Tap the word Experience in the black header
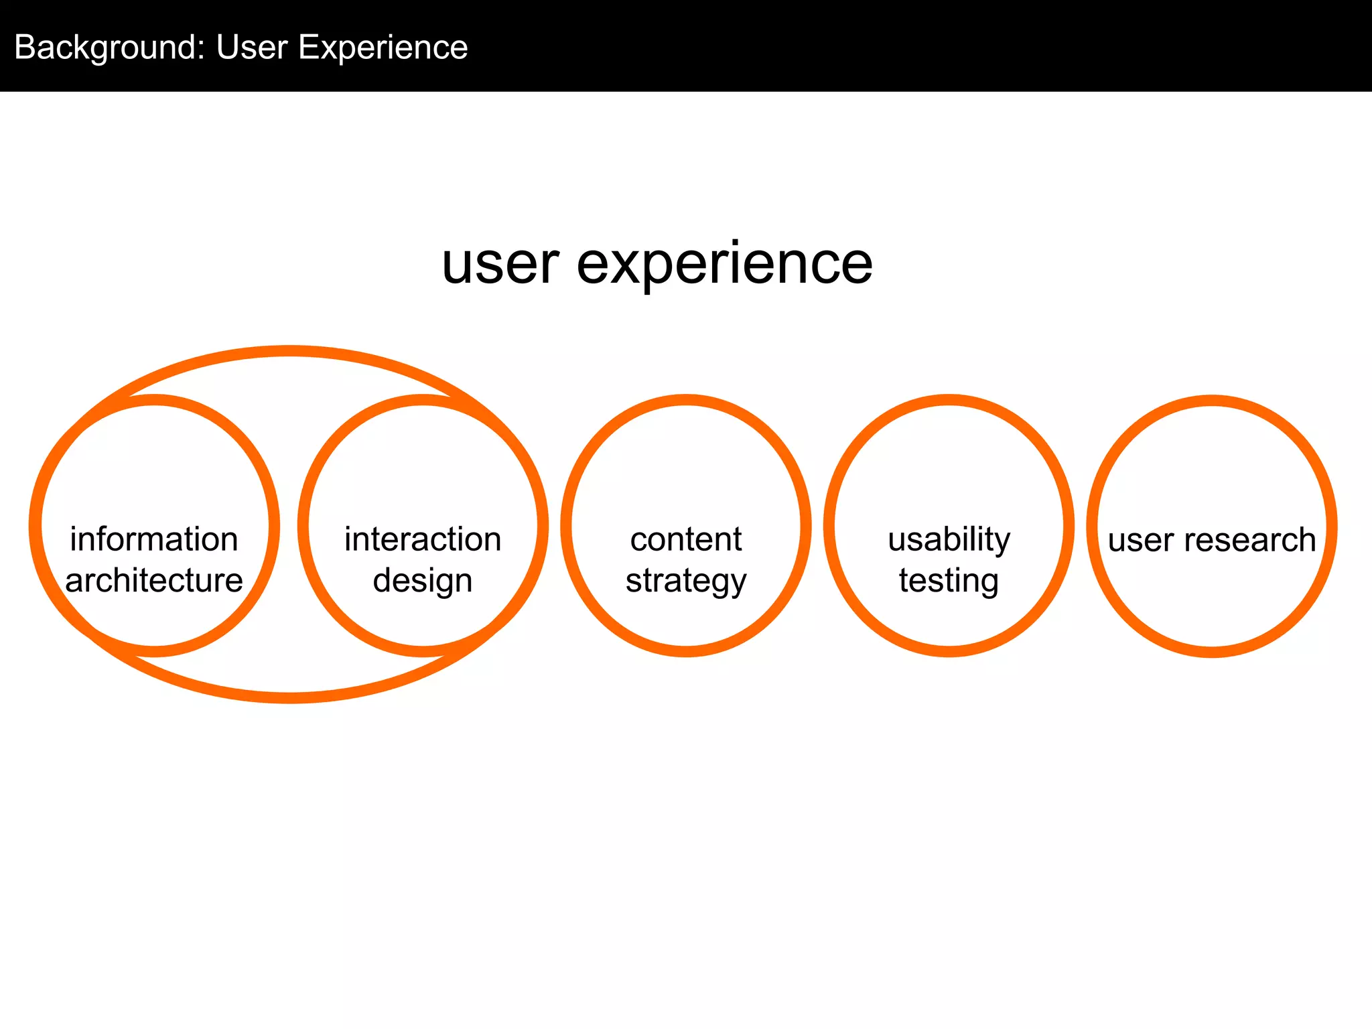coord(383,48)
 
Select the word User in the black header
coord(252,48)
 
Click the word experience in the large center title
coord(725,264)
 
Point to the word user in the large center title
coord(500,264)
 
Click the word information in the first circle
coord(154,540)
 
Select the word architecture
coord(154,580)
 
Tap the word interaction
coord(423,540)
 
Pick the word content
coord(685,540)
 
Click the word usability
coord(949,540)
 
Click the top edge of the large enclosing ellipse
coord(289,352)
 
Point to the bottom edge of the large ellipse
coord(289,697)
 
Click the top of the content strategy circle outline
coord(685,401)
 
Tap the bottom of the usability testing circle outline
coord(949,650)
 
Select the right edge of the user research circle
coord(1330,526)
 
